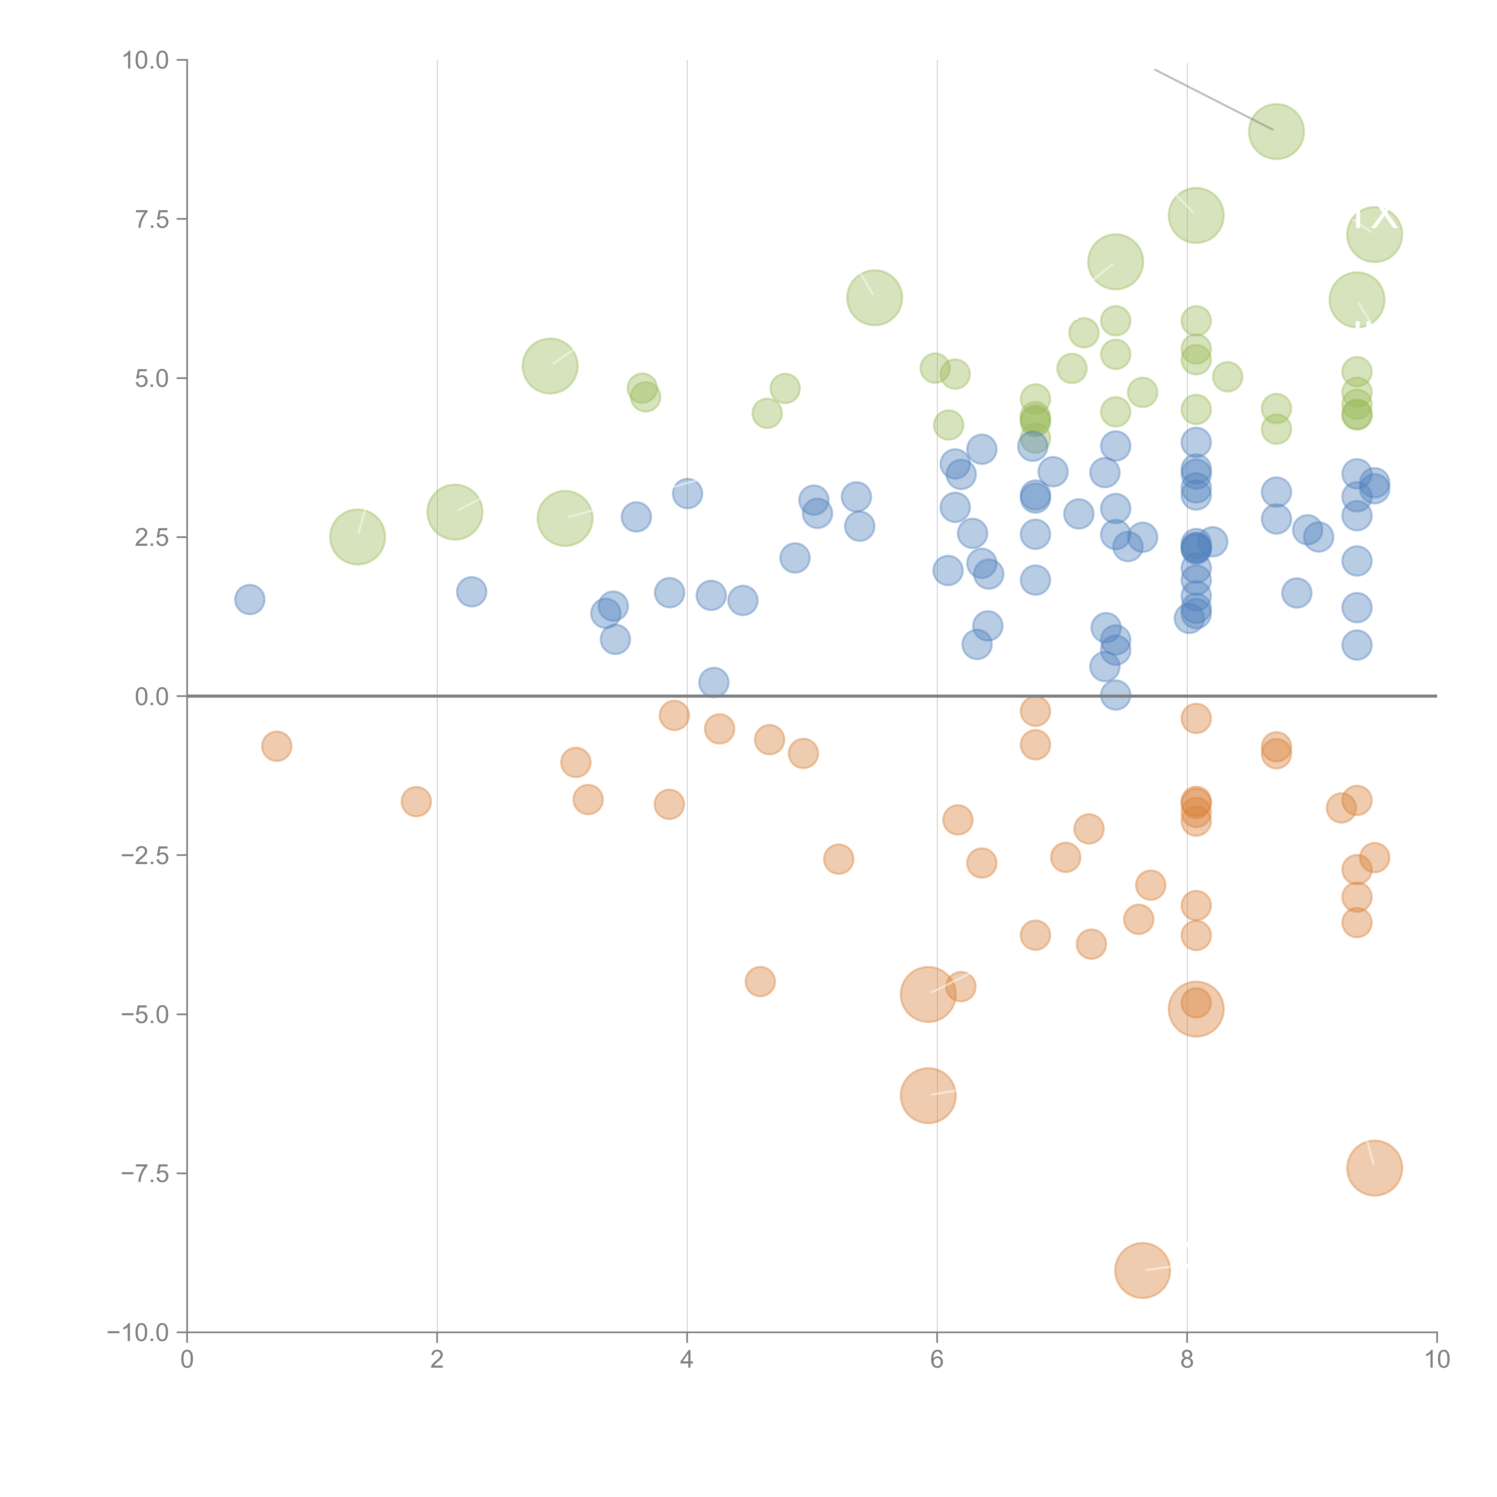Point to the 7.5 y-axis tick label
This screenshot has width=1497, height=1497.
pyautogui.click(x=152, y=219)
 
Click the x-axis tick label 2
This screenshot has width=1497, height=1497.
pyautogui.click(x=437, y=1360)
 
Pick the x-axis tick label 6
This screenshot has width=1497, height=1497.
pyautogui.click(x=937, y=1360)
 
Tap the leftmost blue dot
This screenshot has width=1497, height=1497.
pyautogui.click(x=249, y=599)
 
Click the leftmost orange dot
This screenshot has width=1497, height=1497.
pyautogui.click(x=277, y=746)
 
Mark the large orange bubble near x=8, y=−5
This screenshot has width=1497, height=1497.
pyautogui.click(x=1196, y=1009)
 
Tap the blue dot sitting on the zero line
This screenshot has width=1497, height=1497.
pyautogui.click(x=1115, y=695)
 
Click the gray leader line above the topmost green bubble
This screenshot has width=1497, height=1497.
pyautogui.click(x=1213, y=99)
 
